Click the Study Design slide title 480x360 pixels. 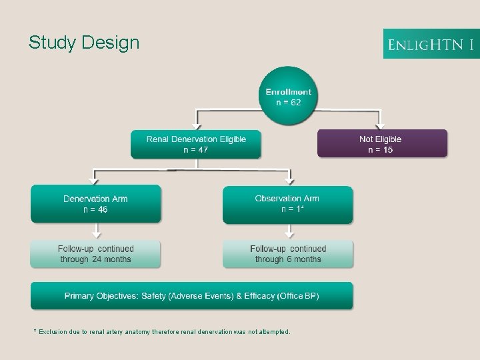pyautogui.click(x=84, y=43)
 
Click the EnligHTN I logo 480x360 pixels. pyautogui.click(x=431, y=44)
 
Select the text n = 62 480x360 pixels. pyautogui.click(x=289, y=103)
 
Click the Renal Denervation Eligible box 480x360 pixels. pyautogui.click(x=196, y=143)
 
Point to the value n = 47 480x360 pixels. pyautogui.click(x=196, y=150)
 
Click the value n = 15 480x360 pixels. pyautogui.click(x=381, y=150)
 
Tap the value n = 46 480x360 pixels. pyautogui.click(x=95, y=209)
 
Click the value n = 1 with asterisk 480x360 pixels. pyautogui.click(x=293, y=209)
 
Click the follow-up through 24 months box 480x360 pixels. pyautogui.click(x=95, y=254)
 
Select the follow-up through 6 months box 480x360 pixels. pyautogui.click(x=288, y=254)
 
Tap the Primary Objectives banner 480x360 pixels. pyautogui.click(x=192, y=295)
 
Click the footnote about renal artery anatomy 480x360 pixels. pyautogui.click(x=162, y=331)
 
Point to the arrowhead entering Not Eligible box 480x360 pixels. pyautogui.click(x=379, y=125)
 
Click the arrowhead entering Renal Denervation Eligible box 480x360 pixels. pyautogui.click(x=195, y=125)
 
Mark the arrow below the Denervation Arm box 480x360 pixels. pyautogui.click(x=95, y=232)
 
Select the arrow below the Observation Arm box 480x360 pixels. pyautogui.click(x=289, y=232)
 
